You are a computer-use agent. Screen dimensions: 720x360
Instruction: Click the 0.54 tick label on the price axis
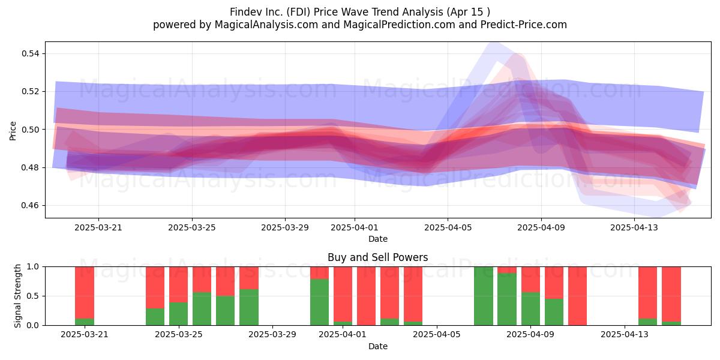[30, 53]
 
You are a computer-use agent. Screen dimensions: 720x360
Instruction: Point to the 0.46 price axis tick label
[30, 205]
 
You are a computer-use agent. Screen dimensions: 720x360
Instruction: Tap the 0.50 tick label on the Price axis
[30, 130]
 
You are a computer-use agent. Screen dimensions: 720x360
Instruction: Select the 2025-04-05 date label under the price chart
[448, 227]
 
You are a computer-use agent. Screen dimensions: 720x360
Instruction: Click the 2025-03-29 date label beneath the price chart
[285, 227]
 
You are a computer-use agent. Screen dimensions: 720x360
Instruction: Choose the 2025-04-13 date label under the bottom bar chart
[625, 334]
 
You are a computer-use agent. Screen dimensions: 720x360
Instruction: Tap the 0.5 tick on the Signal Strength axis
[33, 296]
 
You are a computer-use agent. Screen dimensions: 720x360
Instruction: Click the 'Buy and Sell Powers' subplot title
[377, 257]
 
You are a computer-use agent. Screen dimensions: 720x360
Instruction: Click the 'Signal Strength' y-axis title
[17, 296]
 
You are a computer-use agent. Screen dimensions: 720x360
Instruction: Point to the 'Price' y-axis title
[13, 131]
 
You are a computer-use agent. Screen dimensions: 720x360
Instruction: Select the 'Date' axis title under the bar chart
[377, 346]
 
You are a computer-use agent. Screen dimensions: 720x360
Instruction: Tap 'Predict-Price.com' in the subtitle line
[524, 25]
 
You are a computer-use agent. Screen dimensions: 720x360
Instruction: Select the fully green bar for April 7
[484, 296]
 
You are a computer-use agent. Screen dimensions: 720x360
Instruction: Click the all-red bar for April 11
[577, 296]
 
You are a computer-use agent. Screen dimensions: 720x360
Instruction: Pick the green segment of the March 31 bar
[319, 302]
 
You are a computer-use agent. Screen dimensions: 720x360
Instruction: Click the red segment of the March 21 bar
[85, 293]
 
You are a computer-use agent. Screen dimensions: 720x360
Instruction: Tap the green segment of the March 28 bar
[249, 307]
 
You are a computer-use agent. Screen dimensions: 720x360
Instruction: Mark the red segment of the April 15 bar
[671, 294]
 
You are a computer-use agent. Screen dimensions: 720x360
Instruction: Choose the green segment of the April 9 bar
[530, 308]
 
